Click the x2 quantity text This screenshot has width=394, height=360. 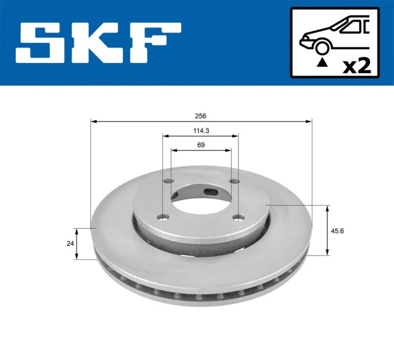point(356,66)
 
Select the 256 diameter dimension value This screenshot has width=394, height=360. point(201,115)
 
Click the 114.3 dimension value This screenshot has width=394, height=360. point(201,130)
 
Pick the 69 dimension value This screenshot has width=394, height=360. point(201,144)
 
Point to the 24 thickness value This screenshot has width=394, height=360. point(70,244)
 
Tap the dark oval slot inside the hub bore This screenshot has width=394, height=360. point(211,191)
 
